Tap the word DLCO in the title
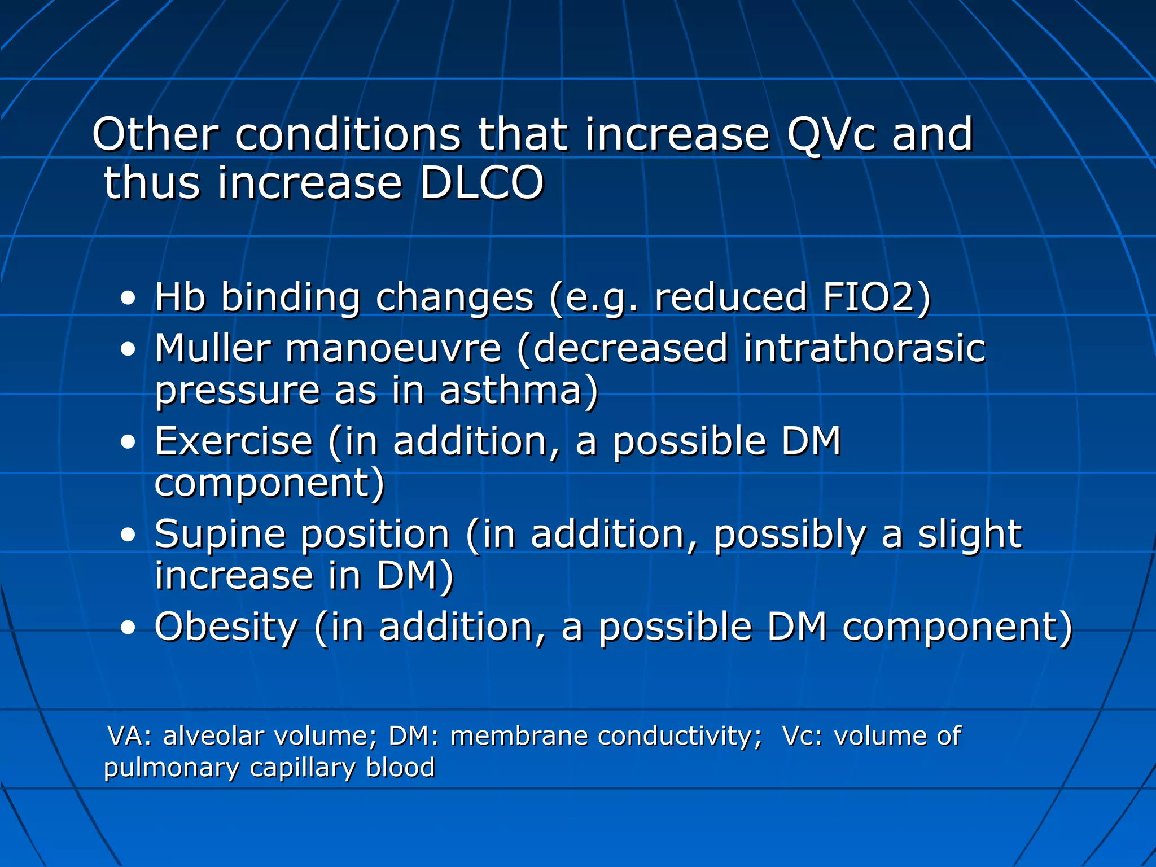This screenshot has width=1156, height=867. point(481,183)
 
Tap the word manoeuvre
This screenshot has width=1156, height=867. point(393,349)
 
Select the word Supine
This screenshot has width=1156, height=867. point(220,535)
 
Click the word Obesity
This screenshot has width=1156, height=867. point(226,627)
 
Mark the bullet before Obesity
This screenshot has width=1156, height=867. point(128,628)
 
